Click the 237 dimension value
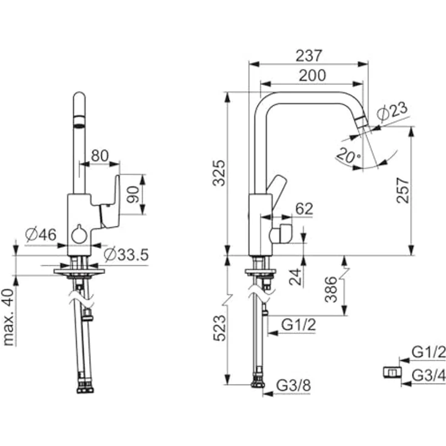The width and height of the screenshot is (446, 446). coord(310,56)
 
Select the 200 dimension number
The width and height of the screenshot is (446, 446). coord(311,75)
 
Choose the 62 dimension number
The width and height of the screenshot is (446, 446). coord(304,210)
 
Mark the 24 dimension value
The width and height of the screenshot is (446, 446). coord(295,277)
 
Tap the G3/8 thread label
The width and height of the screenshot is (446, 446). coord(293,385)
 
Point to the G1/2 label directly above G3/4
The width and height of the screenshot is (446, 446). coord(428,352)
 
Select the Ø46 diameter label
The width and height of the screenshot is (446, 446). coord(40,235)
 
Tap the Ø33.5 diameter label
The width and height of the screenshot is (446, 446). coord(126,255)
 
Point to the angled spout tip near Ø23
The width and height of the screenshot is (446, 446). coord(362,122)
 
